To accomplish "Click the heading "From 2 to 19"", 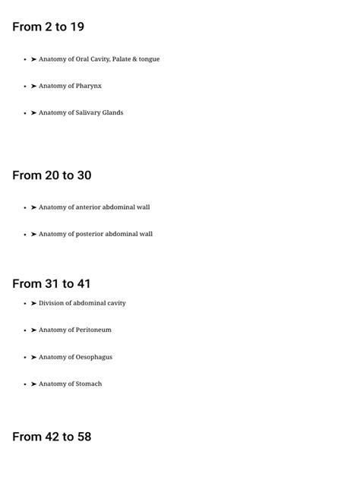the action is click(48, 27).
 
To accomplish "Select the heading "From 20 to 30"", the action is click(52, 175).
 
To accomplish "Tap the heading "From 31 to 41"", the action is click(51, 284).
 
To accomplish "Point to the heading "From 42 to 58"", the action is click(52, 437).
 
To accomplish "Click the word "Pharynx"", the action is click(88, 86).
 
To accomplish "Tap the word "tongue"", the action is click(149, 59).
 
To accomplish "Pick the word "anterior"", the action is click(88, 207).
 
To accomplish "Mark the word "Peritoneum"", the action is click(93, 330).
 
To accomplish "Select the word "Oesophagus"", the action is click(94, 357).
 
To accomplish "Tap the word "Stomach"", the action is click(89, 384).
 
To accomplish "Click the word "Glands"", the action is click(112, 112).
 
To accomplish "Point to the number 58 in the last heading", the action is click(84, 437).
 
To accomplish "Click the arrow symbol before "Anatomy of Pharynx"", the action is click(34, 86).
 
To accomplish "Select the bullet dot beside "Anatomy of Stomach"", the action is click(25, 384).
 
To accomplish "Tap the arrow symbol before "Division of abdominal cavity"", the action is click(34, 303).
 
